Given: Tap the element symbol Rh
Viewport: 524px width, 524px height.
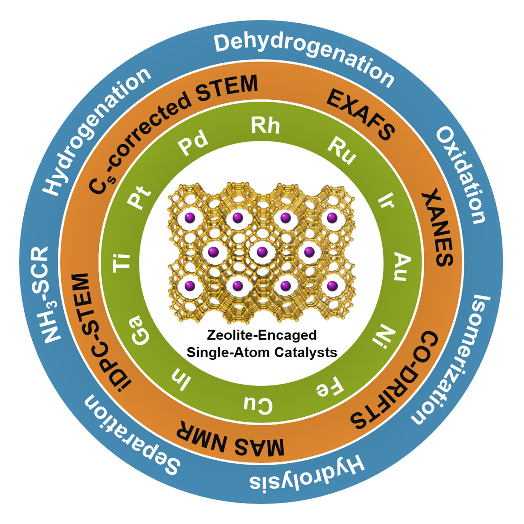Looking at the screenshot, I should tap(265, 126).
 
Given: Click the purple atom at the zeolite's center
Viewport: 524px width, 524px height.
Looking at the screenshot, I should tap(262, 252).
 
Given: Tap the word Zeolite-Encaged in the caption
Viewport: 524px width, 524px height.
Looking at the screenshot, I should tap(262, 335).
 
